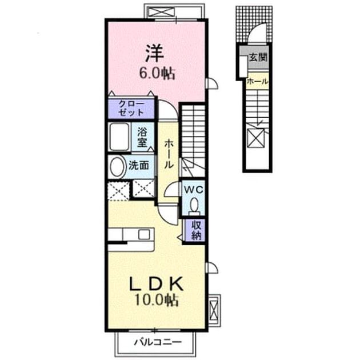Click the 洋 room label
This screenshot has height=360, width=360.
154,53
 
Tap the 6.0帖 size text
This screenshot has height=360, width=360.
157,74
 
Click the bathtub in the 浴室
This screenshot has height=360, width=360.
119,137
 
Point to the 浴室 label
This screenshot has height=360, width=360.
142,137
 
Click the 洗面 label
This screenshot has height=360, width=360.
138,165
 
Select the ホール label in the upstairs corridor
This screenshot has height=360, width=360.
169,154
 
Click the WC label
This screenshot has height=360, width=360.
194,189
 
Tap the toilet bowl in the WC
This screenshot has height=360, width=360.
194,205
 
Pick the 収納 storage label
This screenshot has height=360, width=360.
196,230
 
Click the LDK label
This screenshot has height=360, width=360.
157,284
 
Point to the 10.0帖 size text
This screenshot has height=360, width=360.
157,300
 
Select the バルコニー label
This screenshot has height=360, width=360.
158,342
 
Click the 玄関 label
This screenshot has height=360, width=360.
258,57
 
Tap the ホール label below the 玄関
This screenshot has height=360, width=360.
257,81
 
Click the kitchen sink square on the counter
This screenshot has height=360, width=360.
144,234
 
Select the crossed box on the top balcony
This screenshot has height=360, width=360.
160,12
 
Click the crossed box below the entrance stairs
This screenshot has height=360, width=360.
256,137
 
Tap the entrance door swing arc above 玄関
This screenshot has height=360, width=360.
255,30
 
